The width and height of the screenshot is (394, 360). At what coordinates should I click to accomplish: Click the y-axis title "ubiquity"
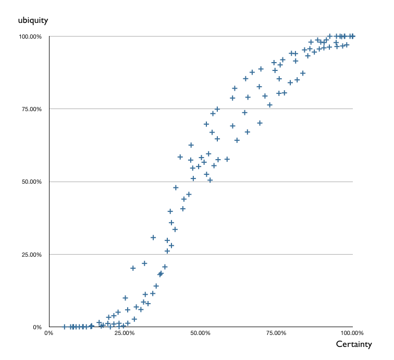click(x=33, y=20)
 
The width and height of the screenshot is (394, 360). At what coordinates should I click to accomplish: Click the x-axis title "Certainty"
click(x=354, y=344)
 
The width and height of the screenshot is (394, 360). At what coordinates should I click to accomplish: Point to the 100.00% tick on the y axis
click(x=30, y=37)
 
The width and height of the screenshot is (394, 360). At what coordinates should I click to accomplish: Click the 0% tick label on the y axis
click(x=38, y=328)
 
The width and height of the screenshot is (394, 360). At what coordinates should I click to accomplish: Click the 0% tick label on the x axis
click(x=49, y=332)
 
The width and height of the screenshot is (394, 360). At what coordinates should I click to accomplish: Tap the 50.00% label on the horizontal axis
click(x=201, y=332)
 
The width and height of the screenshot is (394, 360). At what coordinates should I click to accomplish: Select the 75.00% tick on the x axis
click(x=277, y=332)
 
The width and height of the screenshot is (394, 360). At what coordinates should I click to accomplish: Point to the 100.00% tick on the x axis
click(x=352, y=332)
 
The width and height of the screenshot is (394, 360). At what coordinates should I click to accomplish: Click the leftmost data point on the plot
click(x=65, y=327)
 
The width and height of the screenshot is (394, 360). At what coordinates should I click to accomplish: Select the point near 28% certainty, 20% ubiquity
click(x=133, y=268)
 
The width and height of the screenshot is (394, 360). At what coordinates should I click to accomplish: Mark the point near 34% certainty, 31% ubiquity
click(x=153, y=237)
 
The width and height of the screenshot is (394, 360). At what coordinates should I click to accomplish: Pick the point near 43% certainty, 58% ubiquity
click(x=180, y=157)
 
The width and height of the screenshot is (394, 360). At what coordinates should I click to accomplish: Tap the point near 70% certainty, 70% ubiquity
click(x=260, y=123)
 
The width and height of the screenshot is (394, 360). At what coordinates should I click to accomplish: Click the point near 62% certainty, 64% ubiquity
click(x=237, y=140)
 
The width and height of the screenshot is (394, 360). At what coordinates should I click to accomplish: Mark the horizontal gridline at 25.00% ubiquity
click(x=261, y=255)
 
